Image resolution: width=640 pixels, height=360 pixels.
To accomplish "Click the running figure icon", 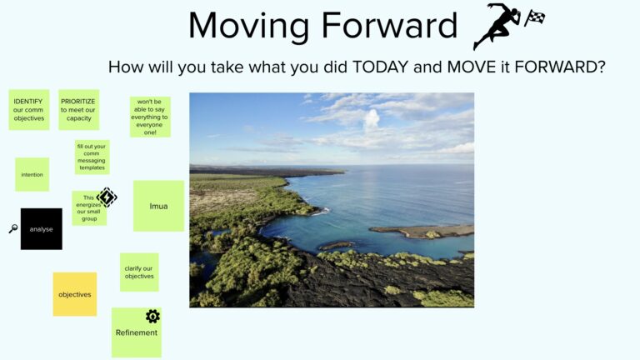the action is (497, 26).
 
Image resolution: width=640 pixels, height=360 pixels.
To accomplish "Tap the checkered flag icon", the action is (534, 17).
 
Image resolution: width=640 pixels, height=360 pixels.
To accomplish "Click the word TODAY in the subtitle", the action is (380, 67).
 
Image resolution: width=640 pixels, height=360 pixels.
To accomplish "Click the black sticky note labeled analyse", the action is (42, 229).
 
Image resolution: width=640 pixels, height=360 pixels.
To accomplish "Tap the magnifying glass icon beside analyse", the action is (13, 228).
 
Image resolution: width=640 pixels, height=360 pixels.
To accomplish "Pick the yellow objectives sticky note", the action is (75, 294).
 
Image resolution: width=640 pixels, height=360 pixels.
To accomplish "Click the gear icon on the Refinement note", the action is (152, 317).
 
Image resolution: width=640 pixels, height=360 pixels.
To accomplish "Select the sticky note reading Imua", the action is (158, 206).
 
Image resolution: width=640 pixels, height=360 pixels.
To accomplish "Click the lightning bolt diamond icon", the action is (107, 197).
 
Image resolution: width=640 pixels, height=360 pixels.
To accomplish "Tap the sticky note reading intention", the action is (32, 174).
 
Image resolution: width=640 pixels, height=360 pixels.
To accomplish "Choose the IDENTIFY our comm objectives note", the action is (29, 110).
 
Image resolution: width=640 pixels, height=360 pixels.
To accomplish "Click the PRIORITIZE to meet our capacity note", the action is (79, 110).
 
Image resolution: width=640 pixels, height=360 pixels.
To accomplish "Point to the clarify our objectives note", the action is (139, 272).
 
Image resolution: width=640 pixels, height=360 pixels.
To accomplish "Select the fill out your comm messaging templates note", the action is (92, 157).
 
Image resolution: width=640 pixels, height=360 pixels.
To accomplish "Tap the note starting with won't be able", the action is (150, 117).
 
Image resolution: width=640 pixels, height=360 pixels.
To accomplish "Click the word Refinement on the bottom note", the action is (137, 332).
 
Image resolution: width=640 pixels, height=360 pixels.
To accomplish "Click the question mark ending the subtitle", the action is (601, 67).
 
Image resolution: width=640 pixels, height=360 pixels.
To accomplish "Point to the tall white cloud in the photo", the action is (372, 120).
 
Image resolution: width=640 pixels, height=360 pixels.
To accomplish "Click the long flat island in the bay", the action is (421, 232).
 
